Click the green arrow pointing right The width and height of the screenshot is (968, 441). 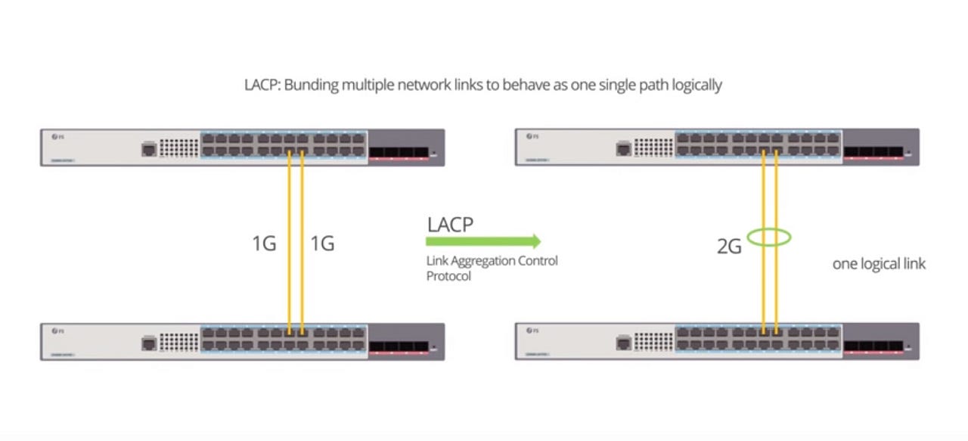click(x=483, y=241)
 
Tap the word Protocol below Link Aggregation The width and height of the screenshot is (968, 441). click(x=448, y=276)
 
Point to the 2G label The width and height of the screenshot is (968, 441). click(x=729, y=247)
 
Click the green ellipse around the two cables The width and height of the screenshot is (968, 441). click(x=769, y=238)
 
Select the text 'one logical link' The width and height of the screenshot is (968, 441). click(x=879, y=264)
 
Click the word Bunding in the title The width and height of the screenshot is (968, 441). click(x=311, y=85)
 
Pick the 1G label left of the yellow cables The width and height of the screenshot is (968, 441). click(x=264, y=244)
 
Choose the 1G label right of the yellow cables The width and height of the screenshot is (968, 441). click(x=322, y=244)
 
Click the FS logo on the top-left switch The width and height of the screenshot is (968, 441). click(x=57, y=137)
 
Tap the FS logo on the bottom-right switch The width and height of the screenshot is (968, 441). click(x=532, y=331)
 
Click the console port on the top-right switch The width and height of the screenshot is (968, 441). click(x=623, y=149)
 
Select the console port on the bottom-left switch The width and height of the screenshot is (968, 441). click(x=148, y=343)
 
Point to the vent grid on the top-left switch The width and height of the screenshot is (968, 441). click(x=179, y=148)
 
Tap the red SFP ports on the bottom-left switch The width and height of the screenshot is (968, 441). click(x=398, y=348)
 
